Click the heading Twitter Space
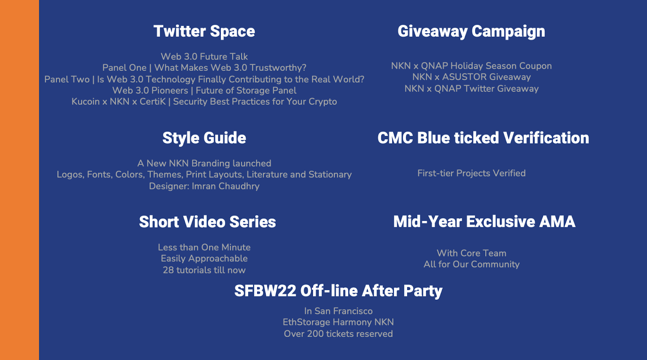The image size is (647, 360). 204,31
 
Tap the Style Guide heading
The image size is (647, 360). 204,138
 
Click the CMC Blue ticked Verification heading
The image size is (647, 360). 483,138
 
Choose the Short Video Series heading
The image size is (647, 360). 207,222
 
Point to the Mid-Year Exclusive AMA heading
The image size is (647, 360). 484,222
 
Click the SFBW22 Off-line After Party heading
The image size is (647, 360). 338,291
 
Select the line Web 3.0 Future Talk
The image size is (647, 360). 204,57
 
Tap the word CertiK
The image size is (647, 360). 152,102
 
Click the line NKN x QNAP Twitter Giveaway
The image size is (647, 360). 472,89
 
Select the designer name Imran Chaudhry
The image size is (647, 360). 226,186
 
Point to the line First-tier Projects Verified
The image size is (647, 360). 472,174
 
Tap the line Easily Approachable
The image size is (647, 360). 204,258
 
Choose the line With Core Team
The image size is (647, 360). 472,253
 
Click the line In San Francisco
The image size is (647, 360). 338,311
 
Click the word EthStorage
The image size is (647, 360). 306,322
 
